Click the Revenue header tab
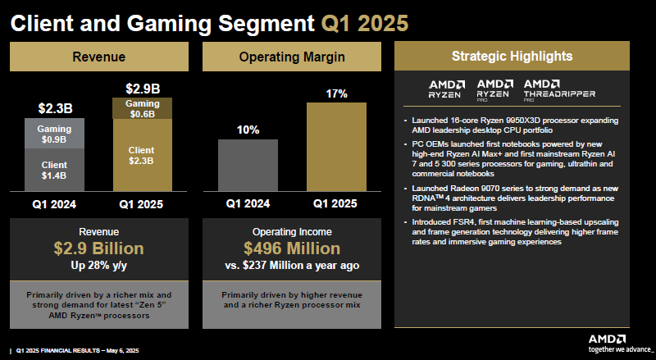coord(99,57)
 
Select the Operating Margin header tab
coord(293,57)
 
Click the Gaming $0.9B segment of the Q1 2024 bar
coord(54,134)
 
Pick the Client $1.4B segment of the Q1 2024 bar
coord(54,171)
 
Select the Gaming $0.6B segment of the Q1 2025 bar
coord(142,108)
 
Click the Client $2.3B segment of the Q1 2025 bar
coord(142,155)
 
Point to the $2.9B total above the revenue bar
coord(142,88)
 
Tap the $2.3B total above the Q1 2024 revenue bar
coord(54,108)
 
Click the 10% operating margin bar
coord(248,164)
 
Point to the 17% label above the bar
coord(336,93)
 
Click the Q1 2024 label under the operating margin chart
coord(248,204)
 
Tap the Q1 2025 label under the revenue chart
coord(142,204)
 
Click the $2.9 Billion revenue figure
coord(98,248)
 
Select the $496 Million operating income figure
coord(293,248)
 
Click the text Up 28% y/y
coord(98,266)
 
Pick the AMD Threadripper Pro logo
coord(560,89)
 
